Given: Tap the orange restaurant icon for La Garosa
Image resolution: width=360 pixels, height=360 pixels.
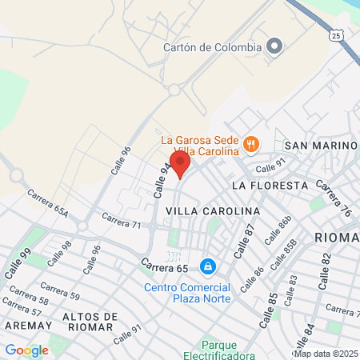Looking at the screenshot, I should pyautogui.click(x=250, y=145).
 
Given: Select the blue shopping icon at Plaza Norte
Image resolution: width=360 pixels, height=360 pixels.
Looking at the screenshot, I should pyautogui.click(x=207, y=265).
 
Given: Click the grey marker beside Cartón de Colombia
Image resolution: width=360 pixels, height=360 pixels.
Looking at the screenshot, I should pyautogui.click(x=274, y=46).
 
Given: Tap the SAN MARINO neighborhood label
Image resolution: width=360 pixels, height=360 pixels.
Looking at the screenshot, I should pyautogui.click(x=321, y=145).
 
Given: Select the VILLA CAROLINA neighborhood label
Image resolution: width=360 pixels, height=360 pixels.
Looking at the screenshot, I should pyautogui.click(x=213, y=210).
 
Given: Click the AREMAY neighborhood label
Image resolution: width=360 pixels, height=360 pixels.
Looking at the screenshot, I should pyautogui.click(x=27, y=326).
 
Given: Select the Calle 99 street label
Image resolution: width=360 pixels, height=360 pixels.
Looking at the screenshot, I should pyautogui.click(x=18, y=262).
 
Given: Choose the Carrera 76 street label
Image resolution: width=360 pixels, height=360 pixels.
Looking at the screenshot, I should pyautogui.click(x=334, y=199).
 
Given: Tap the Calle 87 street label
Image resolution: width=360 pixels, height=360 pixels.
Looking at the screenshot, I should pyautogui.click(x=243, y=240).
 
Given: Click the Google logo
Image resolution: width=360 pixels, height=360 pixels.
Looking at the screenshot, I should pyautogui.click(x=26, y=350).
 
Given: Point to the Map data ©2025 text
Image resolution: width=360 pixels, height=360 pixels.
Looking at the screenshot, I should pyautogui.click(x=326, y=354).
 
